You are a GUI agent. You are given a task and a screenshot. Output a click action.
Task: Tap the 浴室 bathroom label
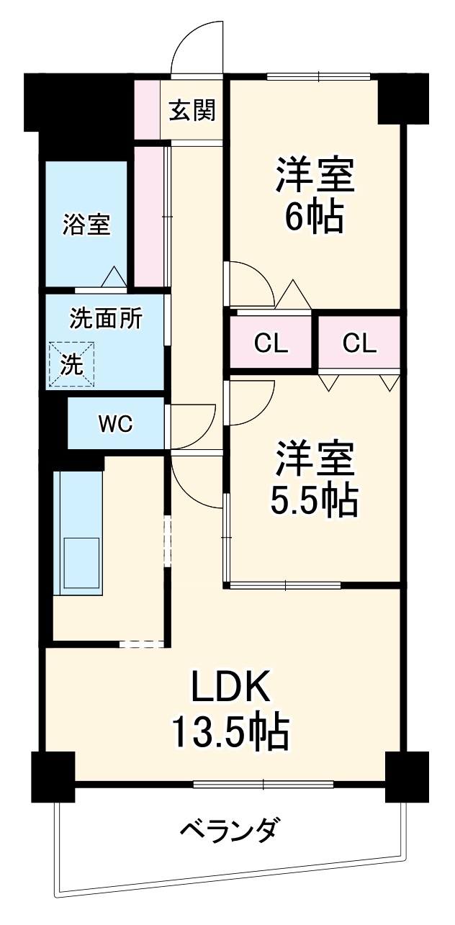[x=86, y=225]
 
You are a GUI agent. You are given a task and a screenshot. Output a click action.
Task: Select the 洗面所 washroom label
[x=105, y=318]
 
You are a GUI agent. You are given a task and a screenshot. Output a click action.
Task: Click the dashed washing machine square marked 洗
[x=71, y=364]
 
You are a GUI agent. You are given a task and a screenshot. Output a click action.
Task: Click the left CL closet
[x=271, y=343]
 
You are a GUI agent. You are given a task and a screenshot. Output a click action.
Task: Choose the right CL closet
[x=359, y=343]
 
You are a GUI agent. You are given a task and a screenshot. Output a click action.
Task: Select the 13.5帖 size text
[x=230, y=732]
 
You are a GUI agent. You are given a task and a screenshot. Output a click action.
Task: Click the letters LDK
[x=230, y=687]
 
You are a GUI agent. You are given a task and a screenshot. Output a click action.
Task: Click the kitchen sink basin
[x=83, y=563]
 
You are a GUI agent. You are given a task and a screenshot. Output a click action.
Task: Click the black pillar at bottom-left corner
[x=53, y=776]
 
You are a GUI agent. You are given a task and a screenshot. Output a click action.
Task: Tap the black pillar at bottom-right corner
[x=407, y=776]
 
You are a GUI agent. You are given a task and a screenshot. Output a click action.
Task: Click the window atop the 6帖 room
[x=318, y=76]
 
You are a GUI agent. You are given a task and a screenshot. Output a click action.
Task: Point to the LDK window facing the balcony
[x=264, y=783]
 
